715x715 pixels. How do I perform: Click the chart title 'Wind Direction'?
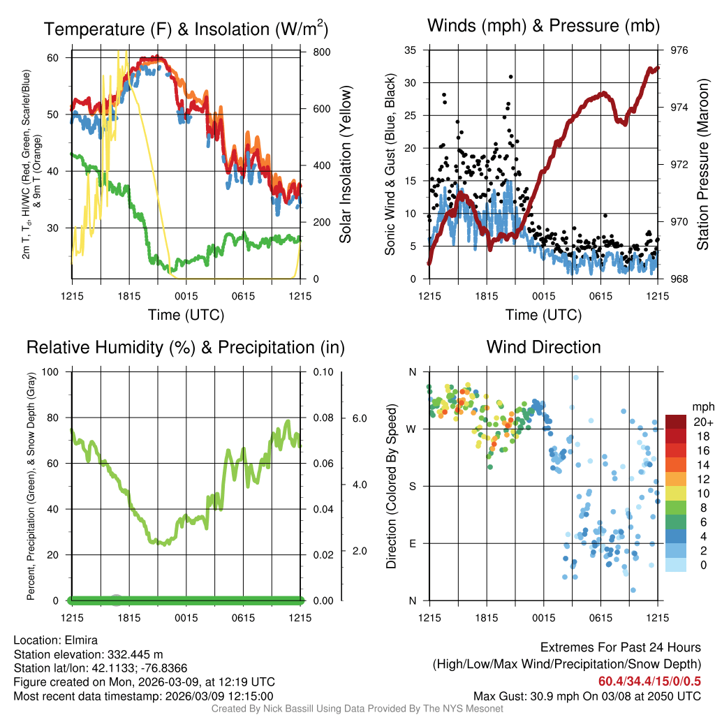click(x=543, y=347)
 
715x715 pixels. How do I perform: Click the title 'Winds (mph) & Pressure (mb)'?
click(x=543, y=26)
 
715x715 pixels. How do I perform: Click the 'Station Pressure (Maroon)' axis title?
click(x=703, y=164)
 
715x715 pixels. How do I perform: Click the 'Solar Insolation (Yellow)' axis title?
click(x=346, y=164)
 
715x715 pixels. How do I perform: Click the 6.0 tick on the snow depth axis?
click(x=359, y=418)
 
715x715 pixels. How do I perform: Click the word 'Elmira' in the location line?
click(x=79, y=640)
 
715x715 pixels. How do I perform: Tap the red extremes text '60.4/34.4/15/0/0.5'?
click(x=649, y=681)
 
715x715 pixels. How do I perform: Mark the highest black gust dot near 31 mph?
click(x=511, y=77)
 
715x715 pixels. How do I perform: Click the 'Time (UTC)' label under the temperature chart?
click(x=186, y=315)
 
